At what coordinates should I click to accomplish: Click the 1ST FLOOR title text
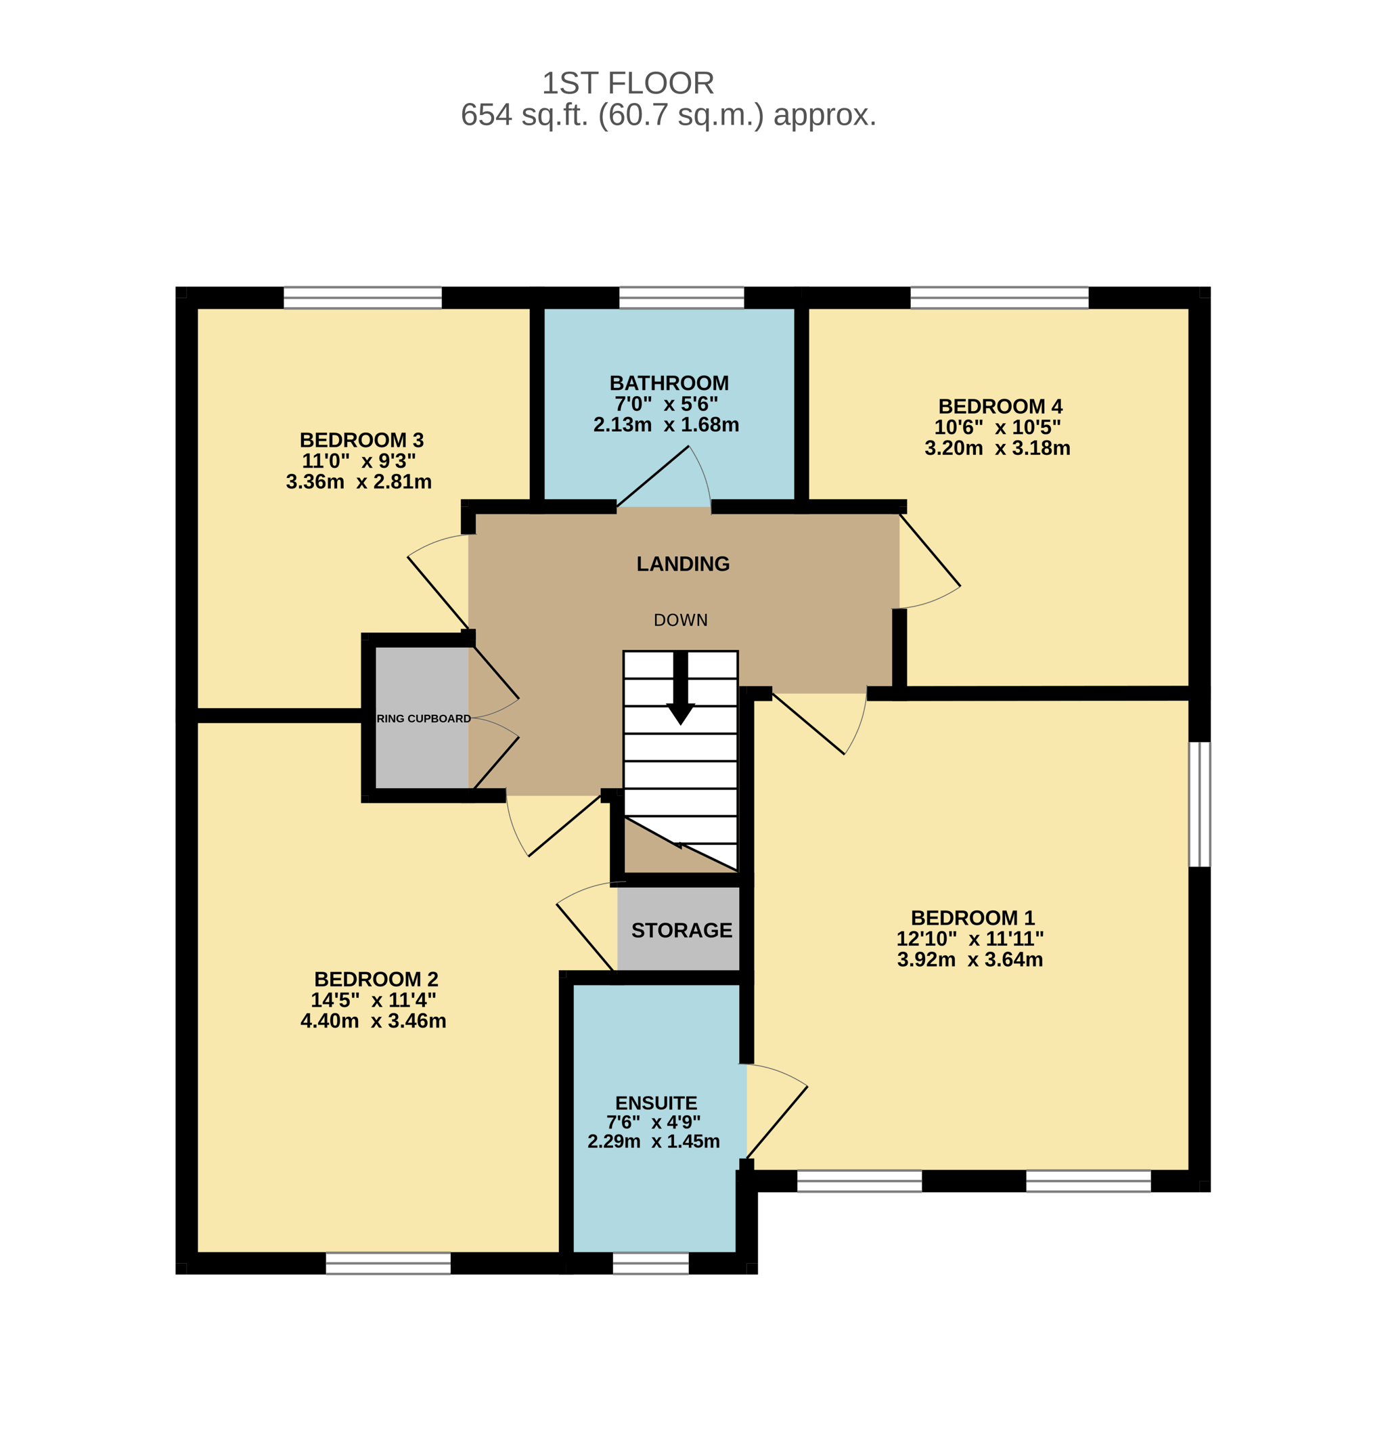point(628,83)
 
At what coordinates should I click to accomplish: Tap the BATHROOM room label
point(669,383)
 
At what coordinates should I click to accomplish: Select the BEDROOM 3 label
point(361,440)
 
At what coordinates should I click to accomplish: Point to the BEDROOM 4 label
point(1000,405)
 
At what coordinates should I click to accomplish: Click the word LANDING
point(683,564)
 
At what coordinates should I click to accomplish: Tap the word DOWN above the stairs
point(680,620)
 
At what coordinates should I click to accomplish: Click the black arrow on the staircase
point(680,687)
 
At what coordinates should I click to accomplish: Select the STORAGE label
point(681,929)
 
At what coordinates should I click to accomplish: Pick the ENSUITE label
point(656,1103)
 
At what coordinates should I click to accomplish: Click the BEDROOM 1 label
point(973,918)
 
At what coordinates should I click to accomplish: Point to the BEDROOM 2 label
point(376,980)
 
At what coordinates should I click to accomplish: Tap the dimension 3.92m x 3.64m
point(970,959)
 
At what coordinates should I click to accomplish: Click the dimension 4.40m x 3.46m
point(373,1021)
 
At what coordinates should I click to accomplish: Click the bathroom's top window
point(681,297)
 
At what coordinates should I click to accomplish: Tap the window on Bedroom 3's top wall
point(363,297)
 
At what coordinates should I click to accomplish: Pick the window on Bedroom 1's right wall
point(1199,804)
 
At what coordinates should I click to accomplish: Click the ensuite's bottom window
point(650,1263)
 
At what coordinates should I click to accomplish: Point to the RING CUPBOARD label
point(424,718)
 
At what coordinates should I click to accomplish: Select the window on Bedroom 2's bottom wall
point(388,1263)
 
